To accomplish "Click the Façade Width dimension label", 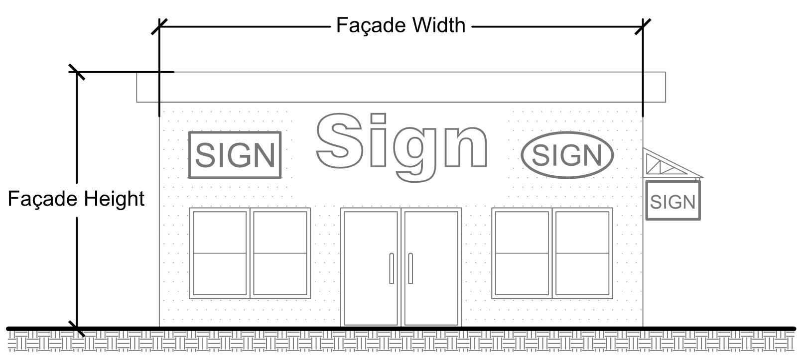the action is [401, 25].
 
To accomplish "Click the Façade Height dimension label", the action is [76, 199].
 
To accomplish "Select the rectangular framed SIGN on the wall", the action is [235, 155].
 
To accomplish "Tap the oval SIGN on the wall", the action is [567, 155].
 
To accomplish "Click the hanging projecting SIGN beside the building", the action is [672, 201].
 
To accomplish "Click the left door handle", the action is [392, 268].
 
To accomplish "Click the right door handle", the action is [410, 268].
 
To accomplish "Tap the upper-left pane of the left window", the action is [220, 232].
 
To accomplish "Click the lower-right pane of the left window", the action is [280, 274].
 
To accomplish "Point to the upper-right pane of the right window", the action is [582, 232].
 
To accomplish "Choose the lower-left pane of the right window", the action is [522, 274].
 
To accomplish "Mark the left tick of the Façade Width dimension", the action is [159, 27].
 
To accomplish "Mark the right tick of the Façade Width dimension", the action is [643, 27].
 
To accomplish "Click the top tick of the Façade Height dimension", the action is [77, 72].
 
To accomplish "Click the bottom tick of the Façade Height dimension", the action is [77, 328].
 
